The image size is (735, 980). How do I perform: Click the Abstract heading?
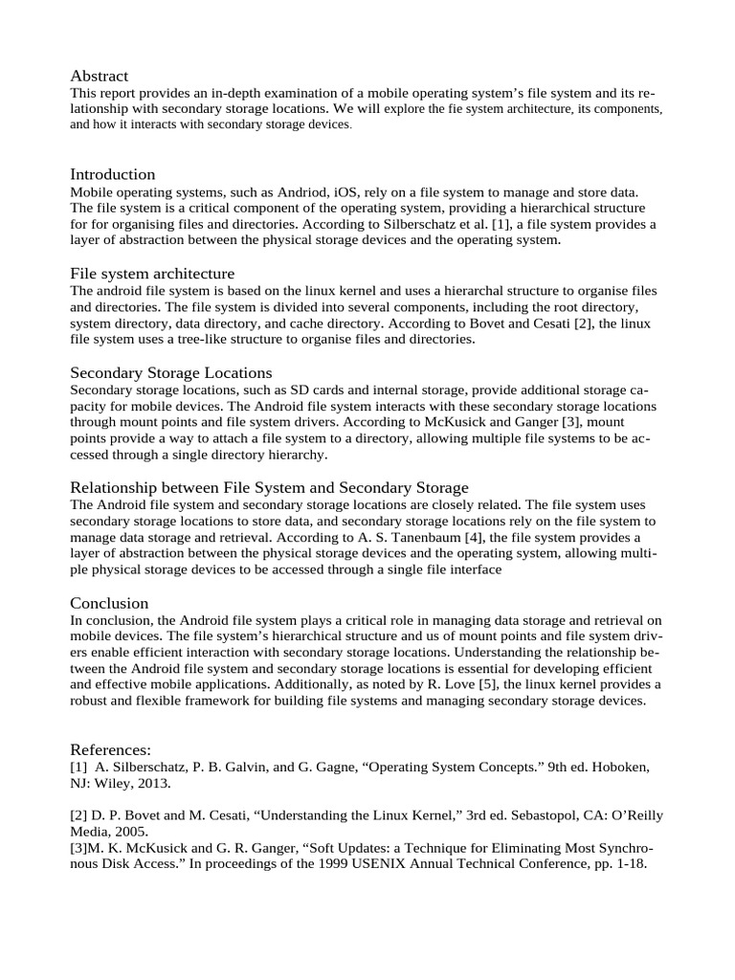click(x=99, y=76)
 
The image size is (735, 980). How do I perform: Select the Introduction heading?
click(x=112, y=174)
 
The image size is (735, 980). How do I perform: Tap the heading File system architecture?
click(x=152, y=274)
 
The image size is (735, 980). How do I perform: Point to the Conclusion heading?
click(x=109, y=603)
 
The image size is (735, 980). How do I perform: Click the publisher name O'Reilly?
click(x=631, y=815)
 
